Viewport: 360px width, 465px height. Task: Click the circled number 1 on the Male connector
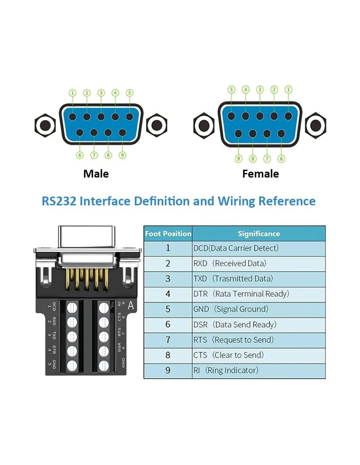(73, 93)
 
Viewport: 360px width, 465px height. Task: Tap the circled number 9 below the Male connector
(122, 155)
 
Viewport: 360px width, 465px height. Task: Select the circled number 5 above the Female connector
(231, 90)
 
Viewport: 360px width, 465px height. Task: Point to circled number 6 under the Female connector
(281, 159)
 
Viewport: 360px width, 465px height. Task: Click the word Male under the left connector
(96, 174)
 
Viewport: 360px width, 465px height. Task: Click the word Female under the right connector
(261, 174)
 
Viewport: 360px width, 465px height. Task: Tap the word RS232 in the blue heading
(59, 201)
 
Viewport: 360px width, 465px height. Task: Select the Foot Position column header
(168, 234)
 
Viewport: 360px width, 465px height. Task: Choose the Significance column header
(259, 234)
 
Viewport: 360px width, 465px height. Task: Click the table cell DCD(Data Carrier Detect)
(236, 248)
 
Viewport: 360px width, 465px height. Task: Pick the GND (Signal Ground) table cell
(231, 309)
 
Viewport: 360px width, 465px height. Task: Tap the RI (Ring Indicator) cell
(226, 370)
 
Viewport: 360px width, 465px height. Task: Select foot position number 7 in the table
(168, 340)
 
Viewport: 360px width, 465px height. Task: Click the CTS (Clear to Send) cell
(228, 355)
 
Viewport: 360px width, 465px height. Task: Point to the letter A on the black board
(131, 306)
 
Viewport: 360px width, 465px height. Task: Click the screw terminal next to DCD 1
(72, 307)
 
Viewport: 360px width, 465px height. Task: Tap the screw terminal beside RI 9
(104, 307)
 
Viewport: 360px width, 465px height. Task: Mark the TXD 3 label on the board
(52, 336)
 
